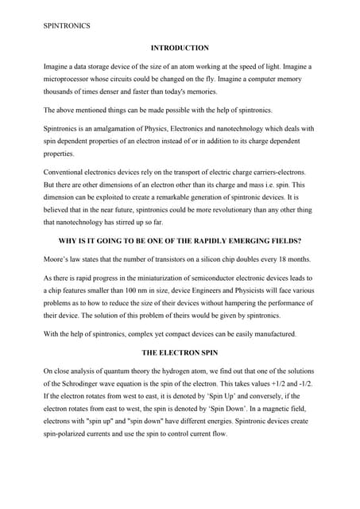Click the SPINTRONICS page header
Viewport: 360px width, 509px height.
click(x=67, y=25)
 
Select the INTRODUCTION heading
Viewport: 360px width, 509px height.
click(x=180, y=49)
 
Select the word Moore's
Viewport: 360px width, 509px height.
click(x=56, y=259)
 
